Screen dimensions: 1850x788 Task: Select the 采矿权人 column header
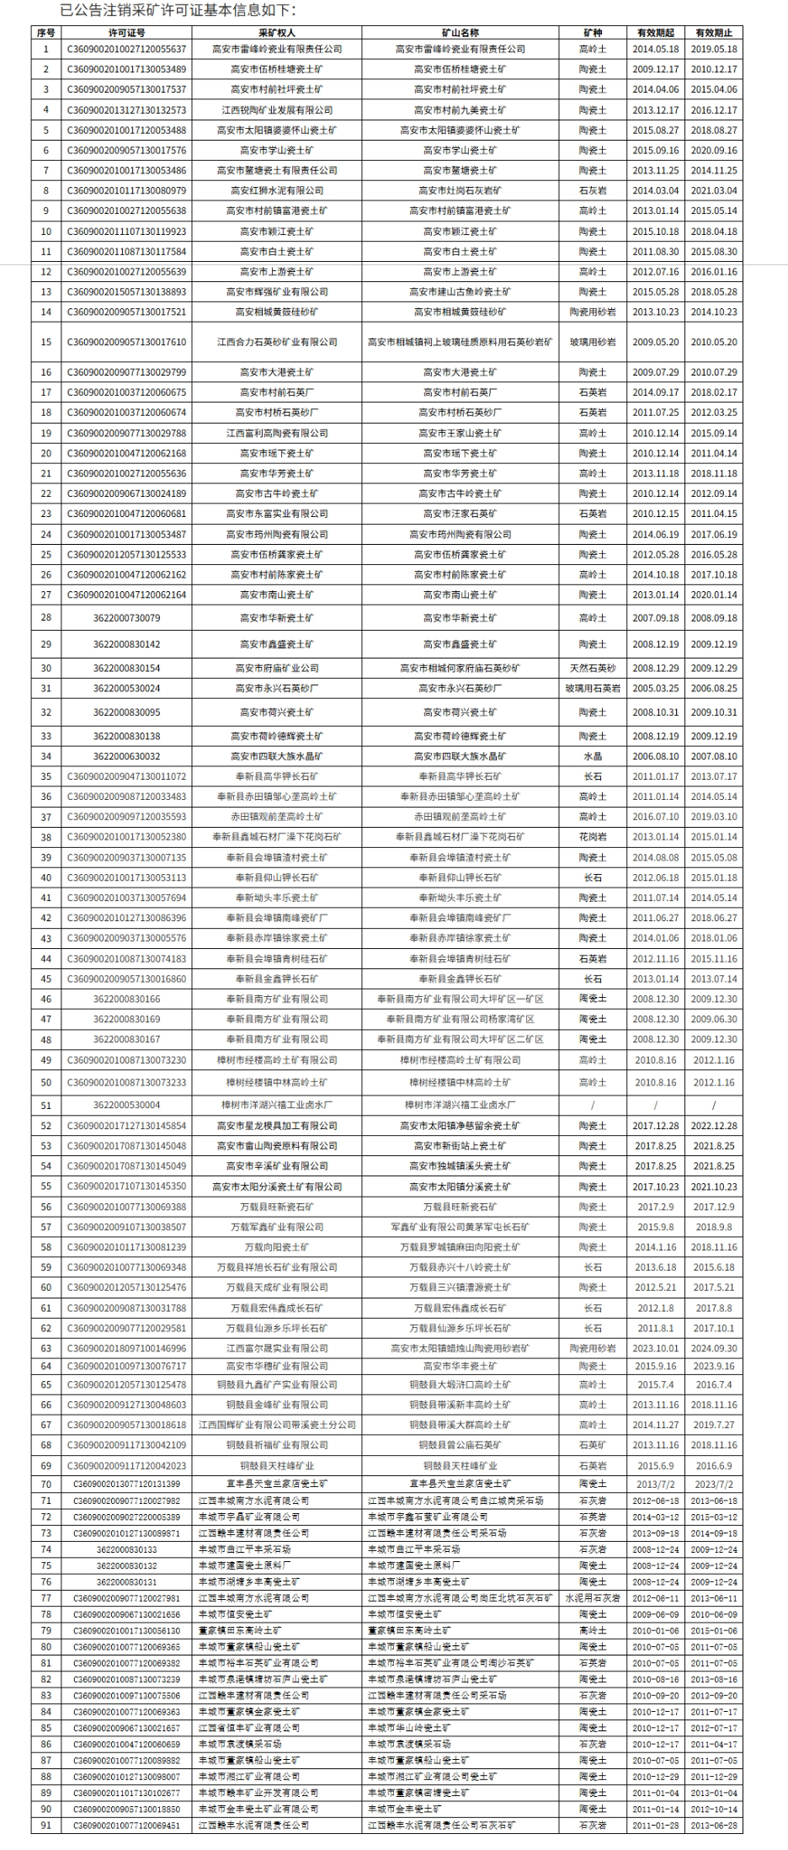click(x=277, y=33)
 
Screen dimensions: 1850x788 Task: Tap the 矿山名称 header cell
click(x=460, y=33)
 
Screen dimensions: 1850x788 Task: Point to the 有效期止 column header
click(x=714, y=33)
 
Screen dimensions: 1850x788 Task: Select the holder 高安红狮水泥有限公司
click(x=277, y=191)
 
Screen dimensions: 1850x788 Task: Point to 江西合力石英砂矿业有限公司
click(x=277, y=343)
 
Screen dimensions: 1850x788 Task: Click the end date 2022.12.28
click(x=714, y=1126)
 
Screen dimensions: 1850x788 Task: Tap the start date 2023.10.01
click(x=656, y=1348)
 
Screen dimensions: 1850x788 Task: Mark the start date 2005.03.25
click(x=656, y=689)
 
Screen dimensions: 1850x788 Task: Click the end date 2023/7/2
click(x=714, y=1485)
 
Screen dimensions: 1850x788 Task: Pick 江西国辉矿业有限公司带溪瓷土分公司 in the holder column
click(x=277, y=1425)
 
